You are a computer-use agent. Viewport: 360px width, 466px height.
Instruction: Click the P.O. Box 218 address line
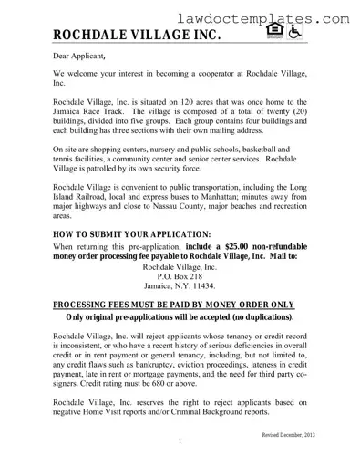point(180,274)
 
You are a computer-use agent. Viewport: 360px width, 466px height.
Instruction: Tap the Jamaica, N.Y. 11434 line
point(180,285)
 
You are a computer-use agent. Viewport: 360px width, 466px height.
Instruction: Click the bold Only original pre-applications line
point(180,317)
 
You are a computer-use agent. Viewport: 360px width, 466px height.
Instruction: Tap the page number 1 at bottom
point(180,443)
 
